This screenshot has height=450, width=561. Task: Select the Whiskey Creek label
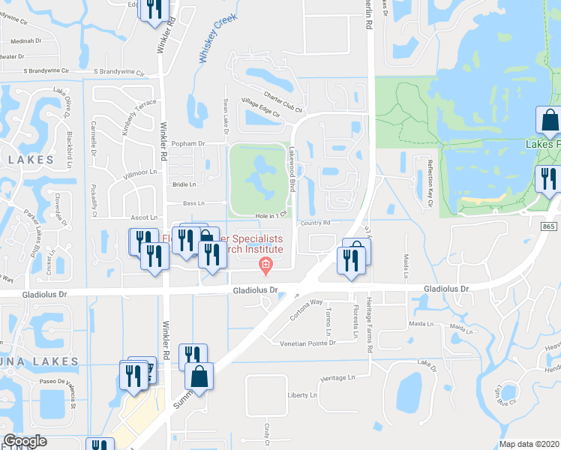(218, 40)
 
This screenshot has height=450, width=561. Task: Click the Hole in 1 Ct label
(271, 215)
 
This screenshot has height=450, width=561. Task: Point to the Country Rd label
(315, 223)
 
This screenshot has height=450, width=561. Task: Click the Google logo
(25, 440)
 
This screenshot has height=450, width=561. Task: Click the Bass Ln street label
(193, 203)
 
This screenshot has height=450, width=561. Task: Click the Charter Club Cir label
(281, 95)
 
